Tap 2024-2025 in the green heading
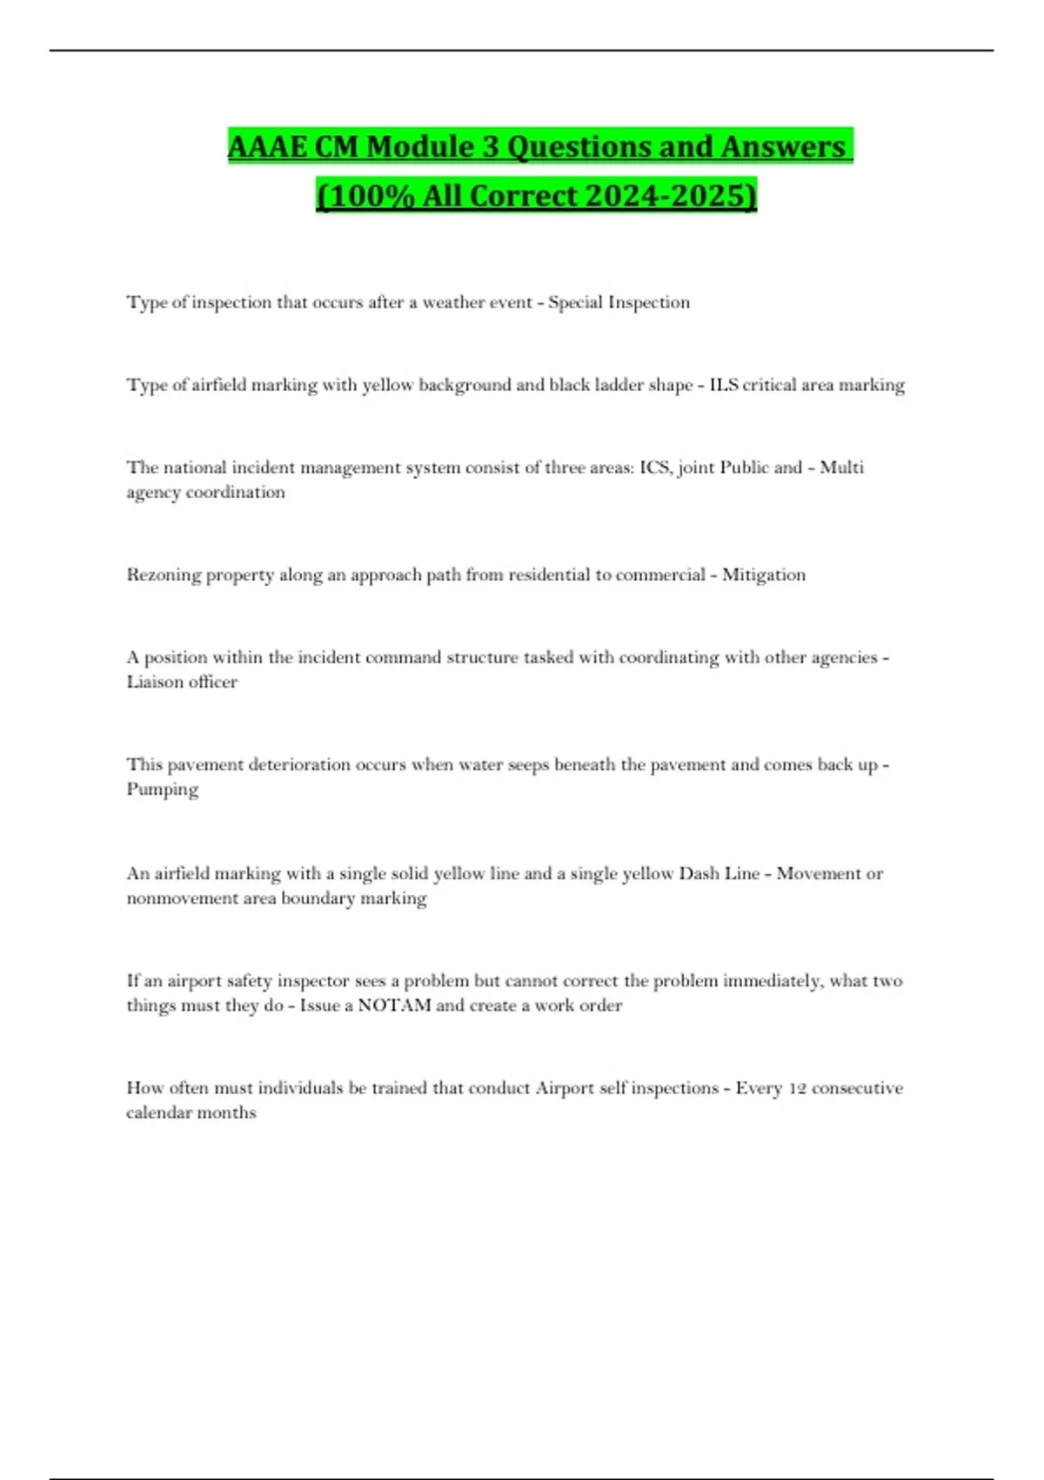(x=671, y=195)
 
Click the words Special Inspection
(x=619, y=302)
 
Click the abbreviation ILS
(x=724, y=385)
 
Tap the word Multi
(x=841, y=468)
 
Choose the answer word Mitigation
(x=764, y=575)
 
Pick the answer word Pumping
(x=163, y=790)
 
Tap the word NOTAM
(x=394, y=1006)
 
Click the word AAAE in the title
(x=267, y=146)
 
